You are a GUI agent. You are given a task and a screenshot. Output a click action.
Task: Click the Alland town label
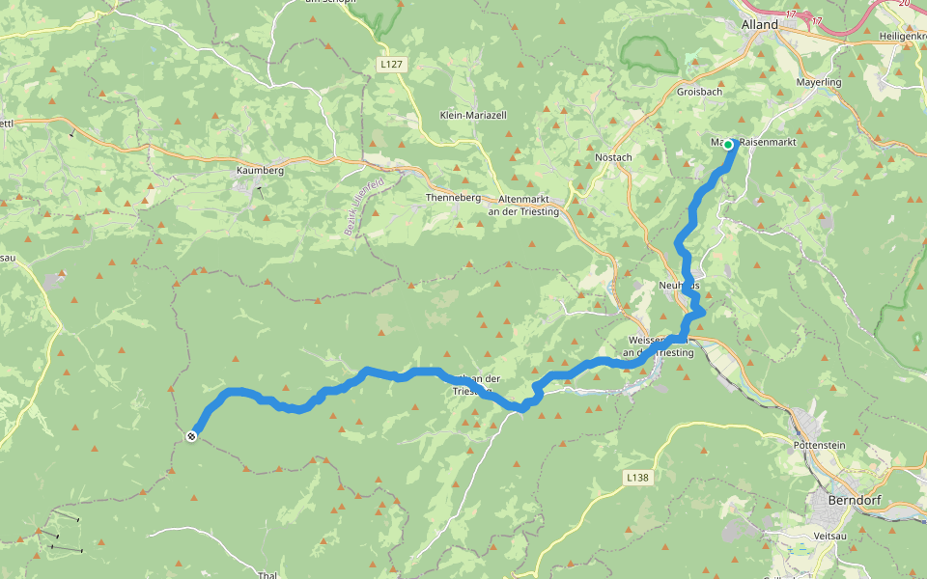(759, 24)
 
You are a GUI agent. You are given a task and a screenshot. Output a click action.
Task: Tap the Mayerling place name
(819, 83)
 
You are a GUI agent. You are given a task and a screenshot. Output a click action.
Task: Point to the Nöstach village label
(614, 157)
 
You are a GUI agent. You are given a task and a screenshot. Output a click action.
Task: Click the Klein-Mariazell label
(473, 115)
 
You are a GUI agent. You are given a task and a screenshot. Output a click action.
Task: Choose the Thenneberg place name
(453, 198)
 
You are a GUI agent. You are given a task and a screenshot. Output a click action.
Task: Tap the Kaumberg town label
(260, 170)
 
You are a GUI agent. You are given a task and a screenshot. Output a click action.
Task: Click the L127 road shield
(390, 65)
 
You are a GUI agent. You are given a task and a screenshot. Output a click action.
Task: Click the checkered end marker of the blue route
(191, 436)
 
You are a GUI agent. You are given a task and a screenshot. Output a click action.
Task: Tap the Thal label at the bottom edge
(267, 574)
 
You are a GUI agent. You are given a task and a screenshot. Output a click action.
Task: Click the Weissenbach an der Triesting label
(660, 346)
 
